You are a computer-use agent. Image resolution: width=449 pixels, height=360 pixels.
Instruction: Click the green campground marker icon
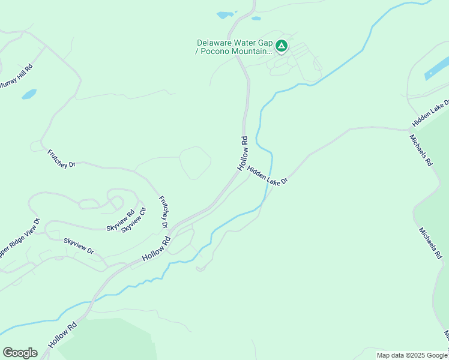point(281,46)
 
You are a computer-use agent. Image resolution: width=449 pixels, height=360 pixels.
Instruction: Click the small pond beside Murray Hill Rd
point(29,94)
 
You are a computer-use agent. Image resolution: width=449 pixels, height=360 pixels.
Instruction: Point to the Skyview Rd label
point(121,220)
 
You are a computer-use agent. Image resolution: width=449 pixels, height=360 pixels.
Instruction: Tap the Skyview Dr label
point(79,246)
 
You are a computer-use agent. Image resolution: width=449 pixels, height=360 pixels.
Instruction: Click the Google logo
point(20,353)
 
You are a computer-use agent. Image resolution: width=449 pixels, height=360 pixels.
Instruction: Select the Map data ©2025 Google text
point(412,356)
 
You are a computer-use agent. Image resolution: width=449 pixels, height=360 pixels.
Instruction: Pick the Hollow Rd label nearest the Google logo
point(62,335)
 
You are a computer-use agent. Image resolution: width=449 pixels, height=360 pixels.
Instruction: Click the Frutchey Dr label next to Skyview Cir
point(163,211)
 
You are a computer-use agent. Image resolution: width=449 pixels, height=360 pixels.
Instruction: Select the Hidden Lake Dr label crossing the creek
point(268,176)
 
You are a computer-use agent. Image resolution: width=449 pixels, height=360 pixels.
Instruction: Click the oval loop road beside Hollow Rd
point(195,163)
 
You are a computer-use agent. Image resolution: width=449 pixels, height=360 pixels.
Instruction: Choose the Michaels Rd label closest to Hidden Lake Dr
point(421,149)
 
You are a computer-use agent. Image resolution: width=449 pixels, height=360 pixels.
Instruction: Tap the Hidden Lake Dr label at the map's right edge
point(430,113)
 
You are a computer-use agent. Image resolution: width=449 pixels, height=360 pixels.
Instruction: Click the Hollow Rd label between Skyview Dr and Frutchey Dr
point(157,248)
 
